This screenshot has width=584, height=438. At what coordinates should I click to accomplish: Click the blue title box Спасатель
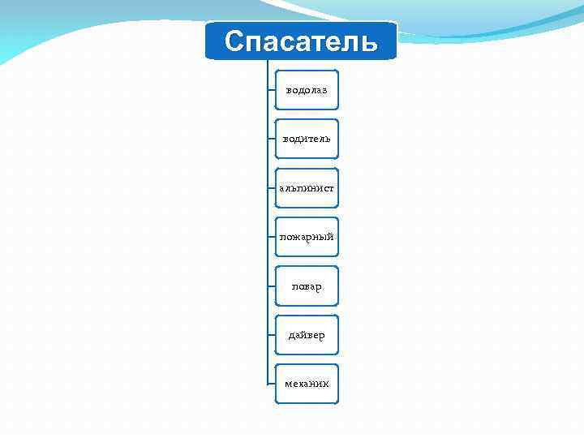301,41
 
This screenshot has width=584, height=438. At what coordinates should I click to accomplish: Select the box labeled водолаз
307,90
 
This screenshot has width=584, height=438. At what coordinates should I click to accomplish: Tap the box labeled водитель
307,139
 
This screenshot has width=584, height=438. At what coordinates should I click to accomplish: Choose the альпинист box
307,188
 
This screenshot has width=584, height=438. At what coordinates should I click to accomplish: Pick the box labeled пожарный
307,237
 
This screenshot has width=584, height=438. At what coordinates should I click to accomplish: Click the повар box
307,286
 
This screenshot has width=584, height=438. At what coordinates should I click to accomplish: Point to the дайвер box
307,335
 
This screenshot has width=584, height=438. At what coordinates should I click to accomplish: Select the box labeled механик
307,384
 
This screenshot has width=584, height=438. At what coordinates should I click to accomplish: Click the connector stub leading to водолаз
271,90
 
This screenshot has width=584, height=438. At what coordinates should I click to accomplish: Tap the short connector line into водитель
271,139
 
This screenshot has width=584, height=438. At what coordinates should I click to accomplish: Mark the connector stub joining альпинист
271,188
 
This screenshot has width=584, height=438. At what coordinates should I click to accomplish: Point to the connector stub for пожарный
271,237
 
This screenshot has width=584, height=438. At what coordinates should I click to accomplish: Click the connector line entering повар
271,286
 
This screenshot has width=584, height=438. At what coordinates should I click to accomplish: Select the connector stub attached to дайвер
271,335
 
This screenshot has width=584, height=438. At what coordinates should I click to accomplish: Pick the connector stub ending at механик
271,384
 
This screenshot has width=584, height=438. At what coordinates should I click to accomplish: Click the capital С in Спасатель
234,41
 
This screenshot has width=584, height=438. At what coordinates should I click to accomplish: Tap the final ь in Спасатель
369,41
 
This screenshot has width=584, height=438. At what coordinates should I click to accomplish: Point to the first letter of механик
288,384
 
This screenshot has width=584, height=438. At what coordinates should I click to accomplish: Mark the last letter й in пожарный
330,237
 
